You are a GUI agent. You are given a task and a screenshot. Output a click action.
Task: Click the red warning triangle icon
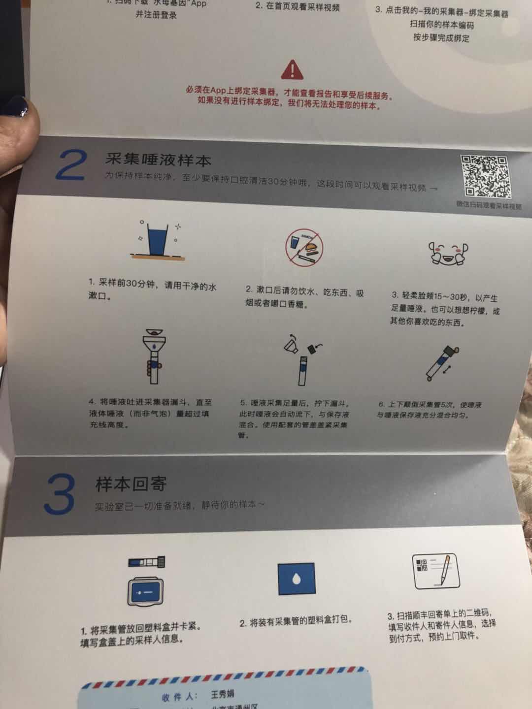click(292, 70)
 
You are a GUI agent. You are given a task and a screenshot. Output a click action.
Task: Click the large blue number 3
click(60, 494)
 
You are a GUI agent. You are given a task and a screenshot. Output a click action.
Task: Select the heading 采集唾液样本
click(158, 160)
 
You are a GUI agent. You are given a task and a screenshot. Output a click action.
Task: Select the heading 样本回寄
click(131, 484)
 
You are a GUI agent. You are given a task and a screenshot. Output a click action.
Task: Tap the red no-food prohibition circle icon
click(304, 247)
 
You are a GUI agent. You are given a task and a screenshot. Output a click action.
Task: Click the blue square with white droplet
click(297, 580)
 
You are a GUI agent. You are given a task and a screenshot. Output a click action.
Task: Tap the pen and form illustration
click(435, 572)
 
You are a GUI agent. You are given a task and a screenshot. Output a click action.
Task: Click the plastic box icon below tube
click(147, 591)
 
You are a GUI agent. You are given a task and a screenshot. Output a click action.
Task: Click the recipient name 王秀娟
click(222, 695)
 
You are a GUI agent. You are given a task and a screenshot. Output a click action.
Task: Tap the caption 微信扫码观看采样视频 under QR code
click(488, 205)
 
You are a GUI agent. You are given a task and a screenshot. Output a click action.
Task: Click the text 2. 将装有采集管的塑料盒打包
click(296, 622)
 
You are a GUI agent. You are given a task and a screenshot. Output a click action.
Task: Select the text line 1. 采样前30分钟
click(153, 284)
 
